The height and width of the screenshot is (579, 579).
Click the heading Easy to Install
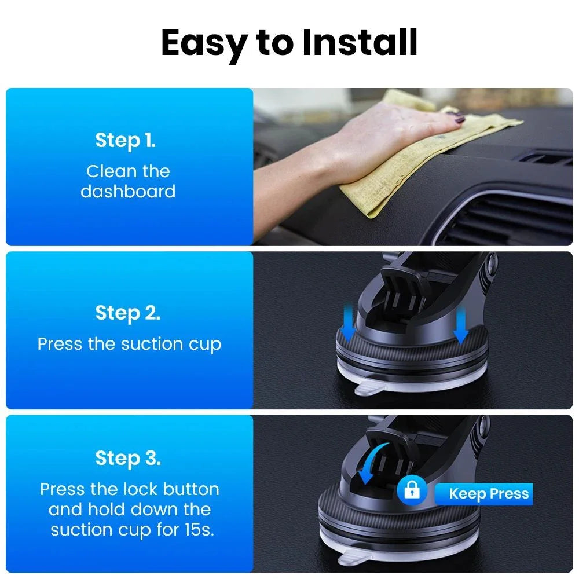coord(289,43)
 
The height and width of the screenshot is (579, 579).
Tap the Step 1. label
coord(126,140)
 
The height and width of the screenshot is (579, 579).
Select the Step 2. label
coord(127,313)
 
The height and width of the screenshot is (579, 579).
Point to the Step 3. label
coord(127,458)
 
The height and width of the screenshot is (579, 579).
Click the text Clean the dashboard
coord(128,181)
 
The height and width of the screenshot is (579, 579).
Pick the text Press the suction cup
coord(129,344)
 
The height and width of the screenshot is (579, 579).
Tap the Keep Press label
coord(489,494)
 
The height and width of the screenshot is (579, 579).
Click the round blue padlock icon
coord(412,492)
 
